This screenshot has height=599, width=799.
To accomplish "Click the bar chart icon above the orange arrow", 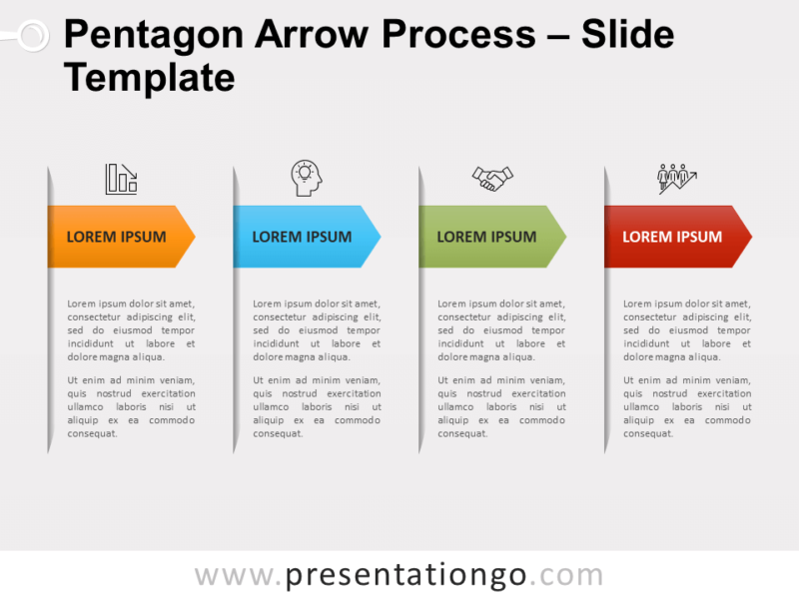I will tap(121, 179).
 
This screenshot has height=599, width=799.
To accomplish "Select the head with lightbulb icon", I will tap(307, 178).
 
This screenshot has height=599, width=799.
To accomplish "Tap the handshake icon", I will tap(492, 179).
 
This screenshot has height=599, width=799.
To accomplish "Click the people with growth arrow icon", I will tap(676, 179).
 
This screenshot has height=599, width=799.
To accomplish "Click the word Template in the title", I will tap(149, 77).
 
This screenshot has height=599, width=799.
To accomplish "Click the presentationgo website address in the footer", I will tap(399, 576).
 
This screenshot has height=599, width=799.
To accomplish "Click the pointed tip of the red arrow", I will tap(749, 237).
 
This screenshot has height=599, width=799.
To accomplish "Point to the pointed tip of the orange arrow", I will tap(193, 237).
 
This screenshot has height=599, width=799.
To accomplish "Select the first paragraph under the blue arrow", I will tap(317, 330).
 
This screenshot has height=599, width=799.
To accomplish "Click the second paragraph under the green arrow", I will tap(502, 406).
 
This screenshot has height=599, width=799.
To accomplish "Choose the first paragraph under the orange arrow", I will tap(131, 330).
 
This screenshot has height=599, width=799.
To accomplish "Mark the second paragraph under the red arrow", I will tap(687, 406).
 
